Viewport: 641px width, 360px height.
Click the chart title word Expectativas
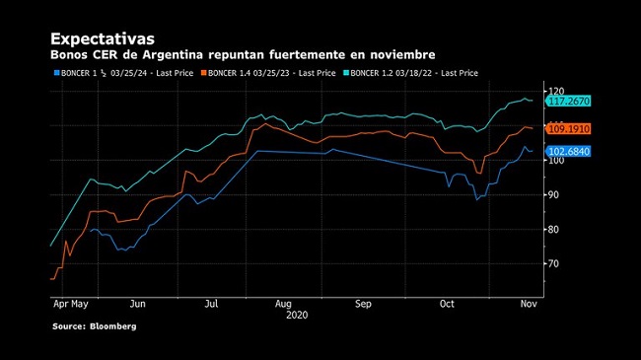(103, 38)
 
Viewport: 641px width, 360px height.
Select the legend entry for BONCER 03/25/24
(124, 73)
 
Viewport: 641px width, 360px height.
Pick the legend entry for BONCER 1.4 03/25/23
(268, 73)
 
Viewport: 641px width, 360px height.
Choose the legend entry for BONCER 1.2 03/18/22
(411, 73)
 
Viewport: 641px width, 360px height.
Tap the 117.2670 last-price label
(568, 101)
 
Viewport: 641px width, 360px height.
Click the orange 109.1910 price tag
(568, 129)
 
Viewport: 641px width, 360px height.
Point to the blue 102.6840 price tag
(568, 151)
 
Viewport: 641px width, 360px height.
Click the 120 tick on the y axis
(556, 91)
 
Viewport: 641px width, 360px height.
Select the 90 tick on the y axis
(553, 194)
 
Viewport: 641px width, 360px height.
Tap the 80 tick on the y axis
(553, 230)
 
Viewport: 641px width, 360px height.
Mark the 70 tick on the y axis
(553, 264)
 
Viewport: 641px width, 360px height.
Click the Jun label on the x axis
(138, 304)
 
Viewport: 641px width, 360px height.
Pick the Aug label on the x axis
(283, 305)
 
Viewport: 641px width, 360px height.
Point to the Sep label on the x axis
(363, 305)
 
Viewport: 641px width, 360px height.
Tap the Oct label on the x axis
(447, 304)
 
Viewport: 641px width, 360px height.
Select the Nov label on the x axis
(529, 304)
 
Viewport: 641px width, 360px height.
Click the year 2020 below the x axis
(297, 315)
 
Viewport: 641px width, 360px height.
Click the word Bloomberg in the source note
(113, 326)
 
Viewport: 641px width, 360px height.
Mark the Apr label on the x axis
(60, 305)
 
